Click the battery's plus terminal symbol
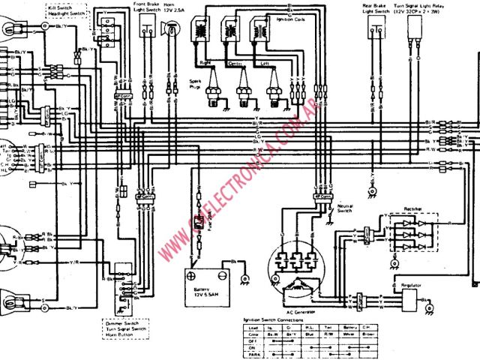[194, 270]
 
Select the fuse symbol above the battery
[198, 223]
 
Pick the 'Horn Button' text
[118, 336]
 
